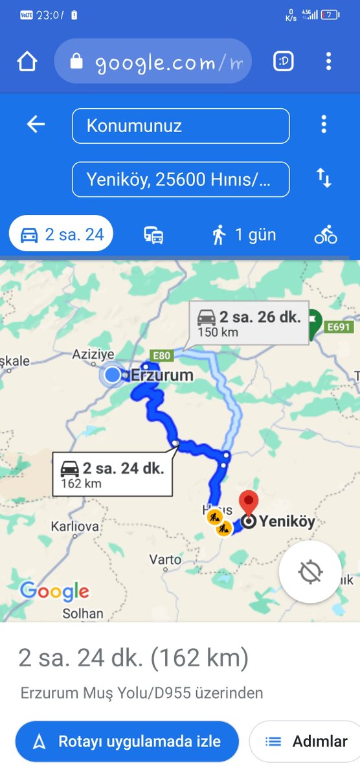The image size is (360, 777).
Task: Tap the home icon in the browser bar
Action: pos(27,62)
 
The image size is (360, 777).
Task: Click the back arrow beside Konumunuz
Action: pos(36,124)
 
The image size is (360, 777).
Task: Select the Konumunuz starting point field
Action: pos(181,126)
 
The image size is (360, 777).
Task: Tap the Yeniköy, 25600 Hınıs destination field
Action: pos(181,179)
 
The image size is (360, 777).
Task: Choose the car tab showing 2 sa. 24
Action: pos(62,234)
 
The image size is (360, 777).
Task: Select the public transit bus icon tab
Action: pos(153,235)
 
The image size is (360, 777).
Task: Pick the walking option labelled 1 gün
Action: pos(243,234)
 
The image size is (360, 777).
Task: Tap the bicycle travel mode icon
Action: pos(326,234)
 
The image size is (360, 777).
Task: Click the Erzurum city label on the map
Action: pos(162,375)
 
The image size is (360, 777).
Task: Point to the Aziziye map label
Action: pos(93,354)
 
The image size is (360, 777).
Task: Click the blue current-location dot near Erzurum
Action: pos(113,375)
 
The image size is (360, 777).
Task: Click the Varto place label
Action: pos(165,559)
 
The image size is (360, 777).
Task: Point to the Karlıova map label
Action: pos(74,526)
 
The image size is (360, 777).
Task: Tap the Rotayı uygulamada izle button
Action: pos(127,741)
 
